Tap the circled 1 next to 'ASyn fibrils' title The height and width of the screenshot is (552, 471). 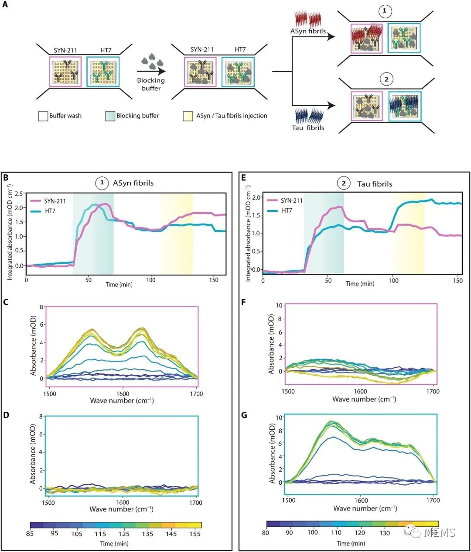point(102,183)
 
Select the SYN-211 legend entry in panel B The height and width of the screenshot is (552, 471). point(55,201)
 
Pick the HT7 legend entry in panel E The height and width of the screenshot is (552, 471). point(287,210)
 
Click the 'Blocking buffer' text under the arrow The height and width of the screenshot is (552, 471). point(151,84)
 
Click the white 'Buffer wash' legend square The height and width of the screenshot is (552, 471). point(43,116)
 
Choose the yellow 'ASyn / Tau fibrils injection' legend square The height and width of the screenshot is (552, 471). point(188,116)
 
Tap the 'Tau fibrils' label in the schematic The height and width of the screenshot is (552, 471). point(308,128)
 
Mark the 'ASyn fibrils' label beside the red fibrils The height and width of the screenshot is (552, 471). point(308,31)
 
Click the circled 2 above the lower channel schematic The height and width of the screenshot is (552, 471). point(386,79)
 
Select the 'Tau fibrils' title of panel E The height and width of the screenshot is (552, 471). point(374,184)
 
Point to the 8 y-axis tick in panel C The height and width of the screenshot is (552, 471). point(41,307)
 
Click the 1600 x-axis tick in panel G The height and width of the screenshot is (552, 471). point(361,500)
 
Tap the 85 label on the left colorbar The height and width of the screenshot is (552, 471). point(30,533)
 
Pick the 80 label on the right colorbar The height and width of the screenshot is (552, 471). point(266,532)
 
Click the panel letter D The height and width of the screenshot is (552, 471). point(6,415)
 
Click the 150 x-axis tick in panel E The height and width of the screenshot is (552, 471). point(458,280)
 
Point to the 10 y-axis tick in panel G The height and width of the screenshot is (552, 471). point(279,417)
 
